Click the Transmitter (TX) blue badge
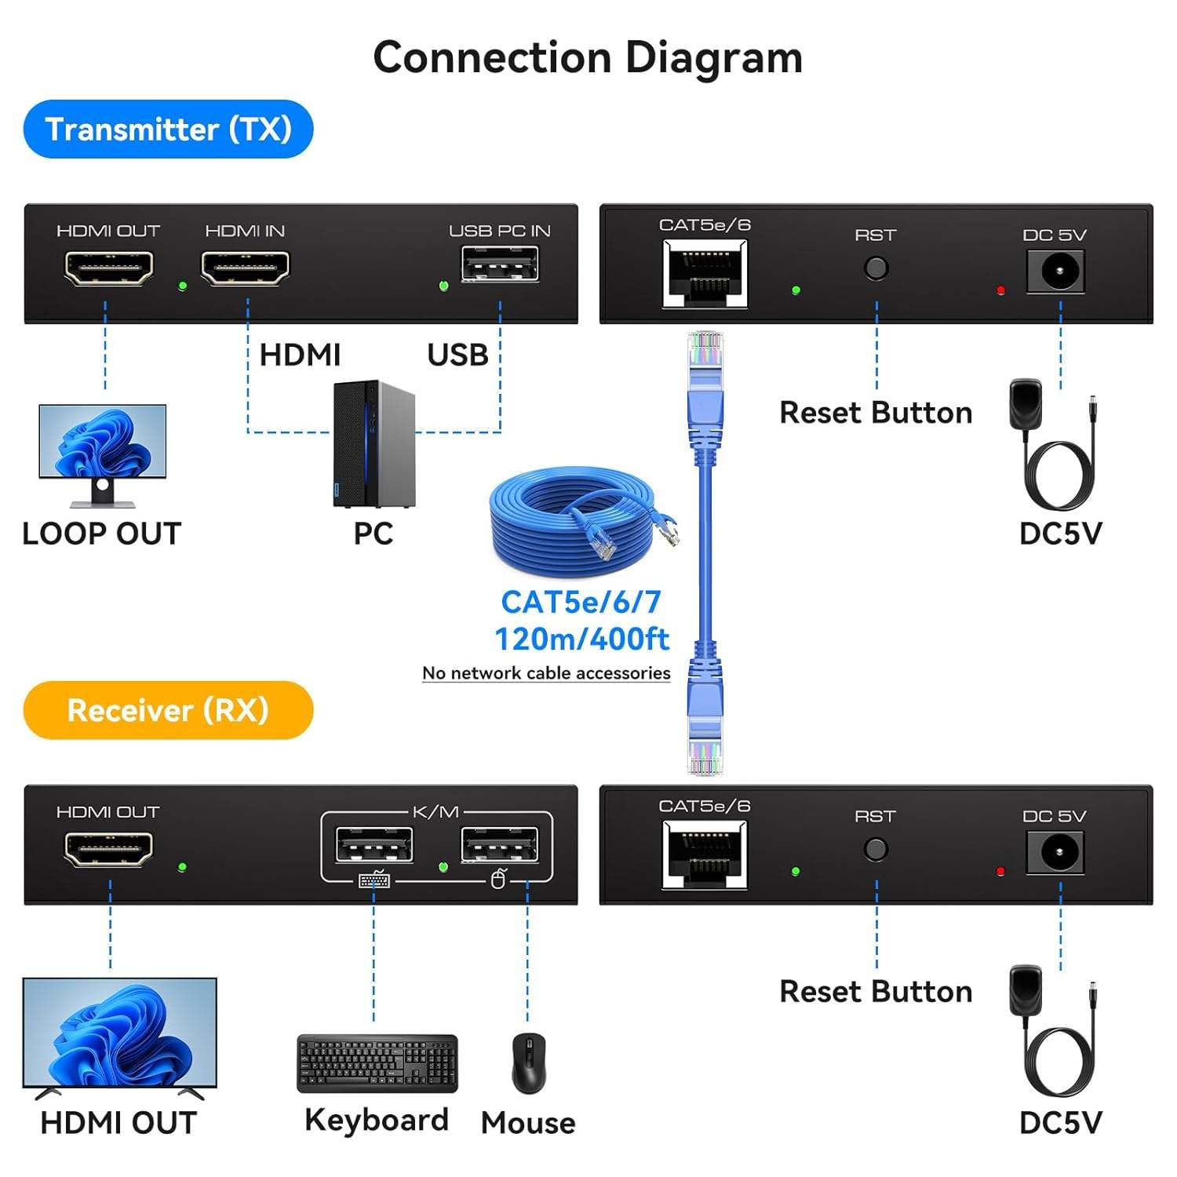pyautogui.click(x=168, y=129)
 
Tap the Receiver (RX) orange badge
pyautogui.click(x=168, y=710)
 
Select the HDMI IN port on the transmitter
pyautogui.click(x=245, y=268)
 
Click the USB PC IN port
pyautogui.click(x=500, y=264)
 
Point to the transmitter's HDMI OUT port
pyautogui.click(x=108, y=268)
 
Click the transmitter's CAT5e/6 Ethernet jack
pyautogui.click(x=705, y=273)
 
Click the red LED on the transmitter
pyautogui.click(x=1000, y=291)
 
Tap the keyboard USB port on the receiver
pyautogui.click(x=374, y=846)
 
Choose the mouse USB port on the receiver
pyautogui.click(x=500, y=846)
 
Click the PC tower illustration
pyautogui.click(x=374, y=443)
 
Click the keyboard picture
pyautogui.click(x=377, y=1063)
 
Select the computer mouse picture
pyautogui.click(x=529, y=1063)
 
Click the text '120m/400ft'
pyautogui.click(x=581, y=639)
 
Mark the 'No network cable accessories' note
pyautogui.click(x=546, y=673)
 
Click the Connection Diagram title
pyautogui.click(x=588, y=58)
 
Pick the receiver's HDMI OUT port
pyautogui.click(x=108, y=849)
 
